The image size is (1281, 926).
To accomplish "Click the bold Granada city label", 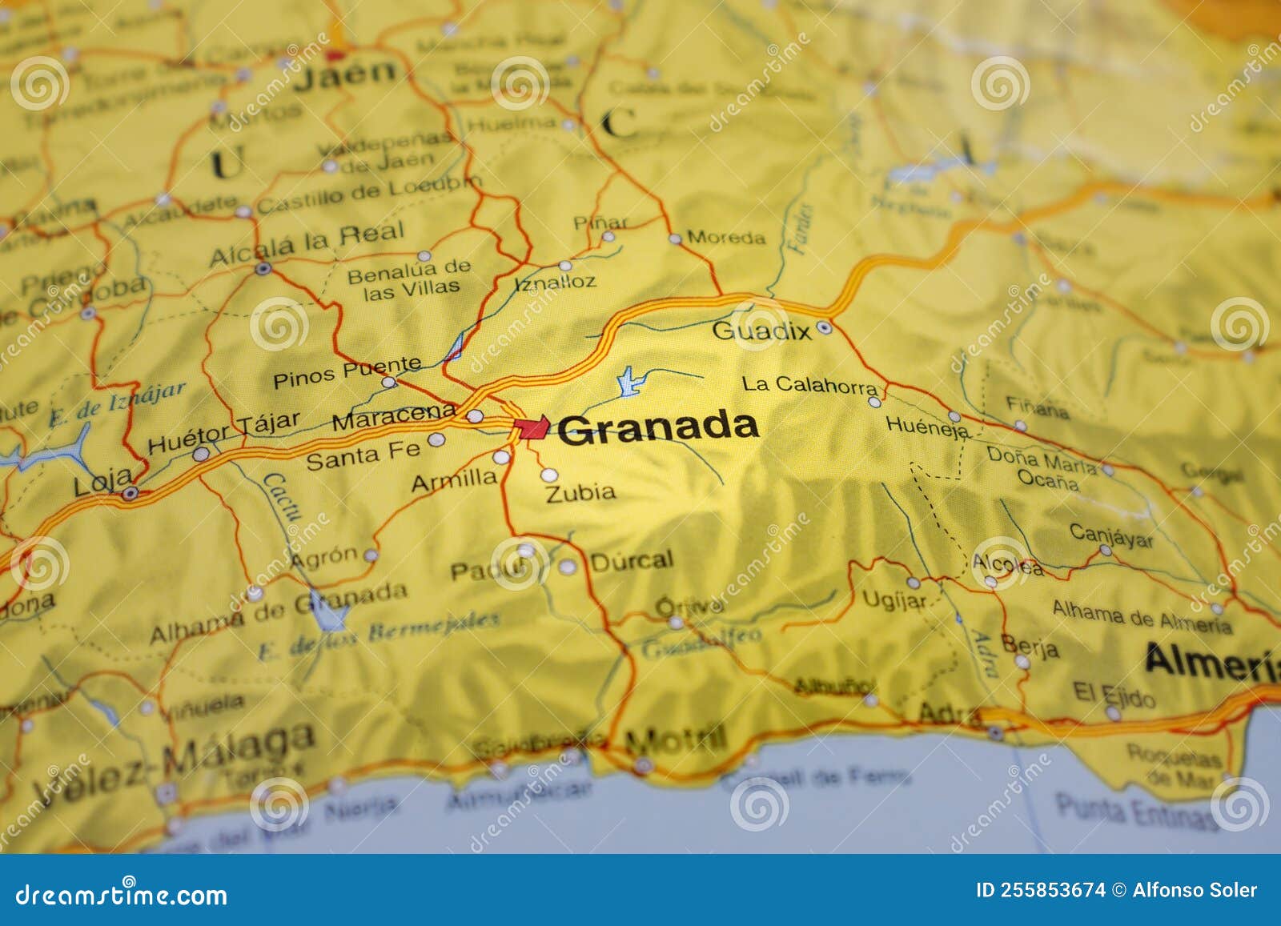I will [658, 427].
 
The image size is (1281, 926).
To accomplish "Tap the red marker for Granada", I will [531, 428].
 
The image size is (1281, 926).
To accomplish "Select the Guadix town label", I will [761, 330].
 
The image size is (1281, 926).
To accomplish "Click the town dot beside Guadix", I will [825, 327].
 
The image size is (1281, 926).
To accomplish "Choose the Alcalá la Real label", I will [307, 244].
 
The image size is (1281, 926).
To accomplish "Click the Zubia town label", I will [580, 492].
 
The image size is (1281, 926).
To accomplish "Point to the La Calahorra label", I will [809, 385].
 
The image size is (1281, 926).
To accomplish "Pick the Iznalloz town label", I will [555, 282].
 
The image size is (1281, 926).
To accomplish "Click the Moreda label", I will [726, 238].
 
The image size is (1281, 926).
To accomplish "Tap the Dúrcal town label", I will [632, 560].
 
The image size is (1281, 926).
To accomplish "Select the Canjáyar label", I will [1111, 535].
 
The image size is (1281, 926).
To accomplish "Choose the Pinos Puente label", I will [347, 373].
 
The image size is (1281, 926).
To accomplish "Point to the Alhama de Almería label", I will [1141, 617].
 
